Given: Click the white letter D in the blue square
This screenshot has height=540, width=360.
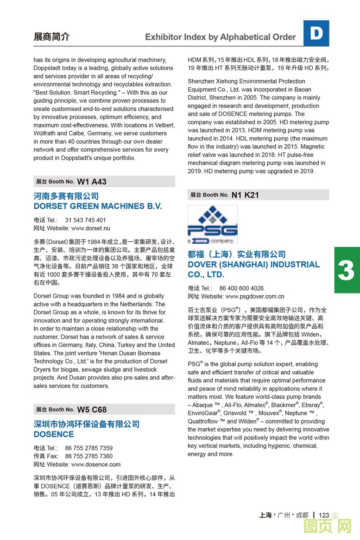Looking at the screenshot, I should tap(316, 33).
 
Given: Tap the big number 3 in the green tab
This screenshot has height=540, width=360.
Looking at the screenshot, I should tap(346, 271).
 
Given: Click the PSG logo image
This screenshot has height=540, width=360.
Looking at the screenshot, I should tap(212, 224).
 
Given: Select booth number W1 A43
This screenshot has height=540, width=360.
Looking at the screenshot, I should tap(92, 182).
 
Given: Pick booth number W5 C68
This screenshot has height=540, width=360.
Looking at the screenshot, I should tap(92, 409).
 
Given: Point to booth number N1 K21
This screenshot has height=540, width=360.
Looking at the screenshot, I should tap(245, 195).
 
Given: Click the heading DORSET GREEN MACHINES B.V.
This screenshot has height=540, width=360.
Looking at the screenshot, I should tap(98, 206).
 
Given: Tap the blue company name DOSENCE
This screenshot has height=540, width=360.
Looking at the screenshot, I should tap(54, 434).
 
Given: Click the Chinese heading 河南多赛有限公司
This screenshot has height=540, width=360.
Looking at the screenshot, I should tap(66, 197).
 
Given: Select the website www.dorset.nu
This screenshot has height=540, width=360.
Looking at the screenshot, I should tap(90, 228).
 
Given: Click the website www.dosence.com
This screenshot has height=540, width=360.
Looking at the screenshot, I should tap(95, 464).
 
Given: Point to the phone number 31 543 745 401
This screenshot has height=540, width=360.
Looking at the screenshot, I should tap(85, 220).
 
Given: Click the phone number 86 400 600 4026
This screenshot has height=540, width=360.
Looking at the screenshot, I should tap(241, 288).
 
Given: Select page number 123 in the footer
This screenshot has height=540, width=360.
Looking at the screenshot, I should tap(324, 515).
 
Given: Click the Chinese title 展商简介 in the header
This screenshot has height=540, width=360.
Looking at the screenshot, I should tap(51, 37).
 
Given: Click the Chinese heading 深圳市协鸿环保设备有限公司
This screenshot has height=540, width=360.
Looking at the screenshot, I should tap(86, 424).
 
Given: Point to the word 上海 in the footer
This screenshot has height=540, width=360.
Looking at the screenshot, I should tap(265, 515).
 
